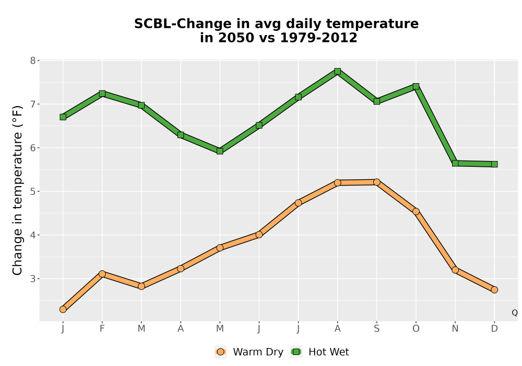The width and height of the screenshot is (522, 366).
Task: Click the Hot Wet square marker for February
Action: point(102,94)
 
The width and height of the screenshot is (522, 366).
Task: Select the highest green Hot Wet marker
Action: point(338,71)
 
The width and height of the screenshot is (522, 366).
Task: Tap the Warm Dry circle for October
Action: point(416,211)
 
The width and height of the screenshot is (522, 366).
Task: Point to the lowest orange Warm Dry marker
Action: point(63,310)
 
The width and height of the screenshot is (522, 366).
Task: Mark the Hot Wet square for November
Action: point(455,163)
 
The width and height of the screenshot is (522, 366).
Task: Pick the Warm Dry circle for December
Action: point(494,290)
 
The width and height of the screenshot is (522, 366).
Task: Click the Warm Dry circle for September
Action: point(377,182)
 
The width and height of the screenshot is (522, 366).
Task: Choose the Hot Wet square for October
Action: point(416,87)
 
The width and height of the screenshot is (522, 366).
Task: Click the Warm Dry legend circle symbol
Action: point(220,352)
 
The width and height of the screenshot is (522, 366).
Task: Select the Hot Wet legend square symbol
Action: point(296,352)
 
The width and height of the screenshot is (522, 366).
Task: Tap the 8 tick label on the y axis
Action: point(32,60)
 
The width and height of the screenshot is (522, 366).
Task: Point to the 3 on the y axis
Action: point(32,279)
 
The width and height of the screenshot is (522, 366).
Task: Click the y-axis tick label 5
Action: point(32,191)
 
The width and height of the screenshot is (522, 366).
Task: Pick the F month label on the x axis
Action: point(102,329)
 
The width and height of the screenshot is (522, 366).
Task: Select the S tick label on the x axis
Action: point(377,329)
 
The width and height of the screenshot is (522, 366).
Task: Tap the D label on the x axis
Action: point(494,329)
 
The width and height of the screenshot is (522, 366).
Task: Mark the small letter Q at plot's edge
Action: point(515,313)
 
